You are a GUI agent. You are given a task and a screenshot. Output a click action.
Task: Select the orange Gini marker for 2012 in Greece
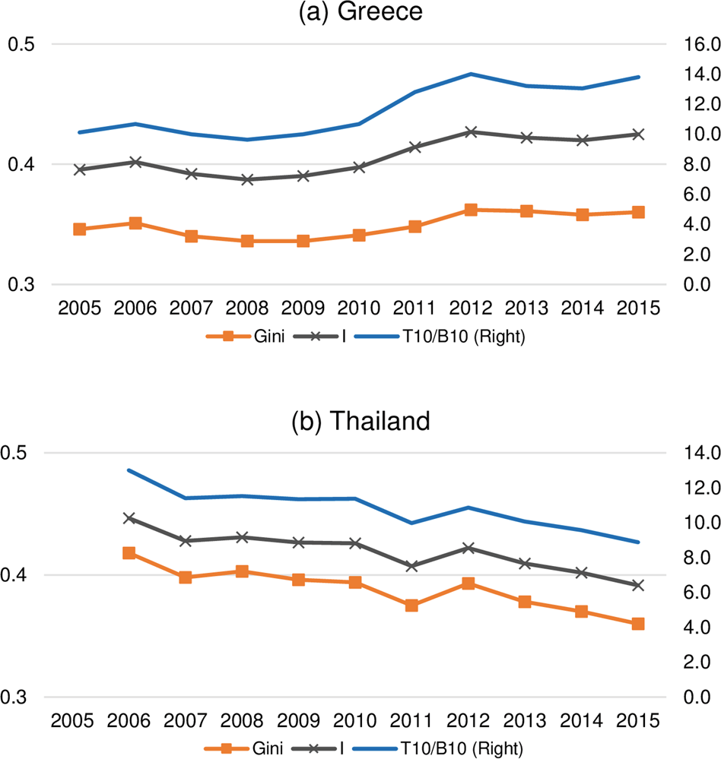point(471,210)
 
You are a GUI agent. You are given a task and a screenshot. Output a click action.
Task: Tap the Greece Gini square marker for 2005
point(79,229)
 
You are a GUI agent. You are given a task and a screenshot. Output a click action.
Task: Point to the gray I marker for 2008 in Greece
point(247,179)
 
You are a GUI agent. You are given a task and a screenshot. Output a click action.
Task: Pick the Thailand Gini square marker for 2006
point(129,553)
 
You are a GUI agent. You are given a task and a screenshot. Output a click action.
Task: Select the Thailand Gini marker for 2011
point(411,606)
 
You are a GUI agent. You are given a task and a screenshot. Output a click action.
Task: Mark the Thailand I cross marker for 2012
point(468,548)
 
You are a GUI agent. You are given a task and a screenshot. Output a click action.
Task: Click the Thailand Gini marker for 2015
point(638,624)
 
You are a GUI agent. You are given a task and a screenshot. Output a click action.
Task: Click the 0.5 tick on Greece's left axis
point(21,44)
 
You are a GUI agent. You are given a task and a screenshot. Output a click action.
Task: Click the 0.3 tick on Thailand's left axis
point(21,697)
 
